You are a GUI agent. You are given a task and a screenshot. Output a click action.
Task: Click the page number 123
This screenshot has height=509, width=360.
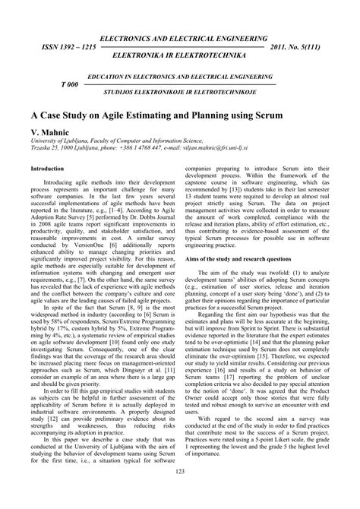[180, 495]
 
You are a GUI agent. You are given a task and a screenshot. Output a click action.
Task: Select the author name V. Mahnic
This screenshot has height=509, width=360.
[49, 131]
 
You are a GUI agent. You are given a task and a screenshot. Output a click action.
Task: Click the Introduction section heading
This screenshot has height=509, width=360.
[46, 169]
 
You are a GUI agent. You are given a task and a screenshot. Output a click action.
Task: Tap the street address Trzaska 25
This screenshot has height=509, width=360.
[44, 150]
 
